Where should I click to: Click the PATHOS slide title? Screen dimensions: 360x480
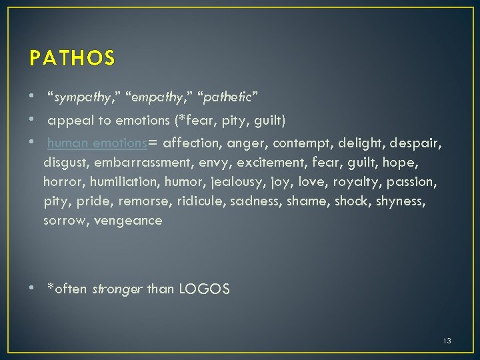tap(72, 59)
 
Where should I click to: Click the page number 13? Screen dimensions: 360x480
tap(447, 341)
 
